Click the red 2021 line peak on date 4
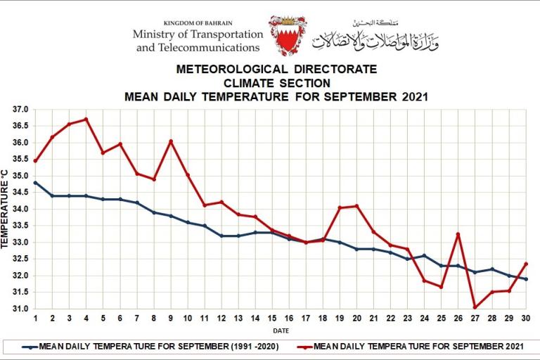click(86, 119)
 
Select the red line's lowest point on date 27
click(475, 307)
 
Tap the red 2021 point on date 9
click(171, 141)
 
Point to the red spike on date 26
click(458, 234)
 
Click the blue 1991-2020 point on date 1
click(35, 182)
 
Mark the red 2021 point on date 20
click(357, 206)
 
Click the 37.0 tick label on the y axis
click(20, 110)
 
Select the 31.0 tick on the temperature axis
click(20, 309)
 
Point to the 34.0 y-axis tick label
click(20, 210)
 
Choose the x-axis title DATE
click(281, 330)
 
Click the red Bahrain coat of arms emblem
click(287, 35)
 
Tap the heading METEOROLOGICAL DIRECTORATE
click(276, 70)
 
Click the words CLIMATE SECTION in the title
click(276, 83)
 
